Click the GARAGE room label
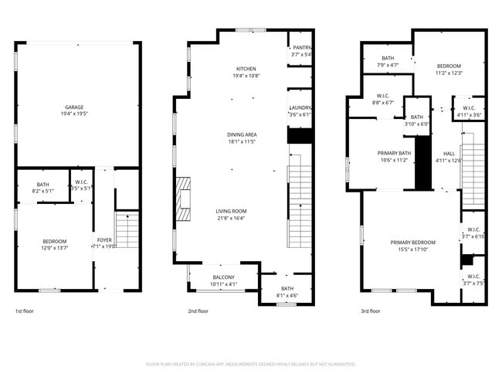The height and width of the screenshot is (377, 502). pos(74,107)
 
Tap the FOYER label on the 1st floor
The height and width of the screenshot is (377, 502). pos(104,240)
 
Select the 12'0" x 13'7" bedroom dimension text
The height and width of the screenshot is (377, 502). pos(54,247)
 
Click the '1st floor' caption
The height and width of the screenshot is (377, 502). pos(24,311)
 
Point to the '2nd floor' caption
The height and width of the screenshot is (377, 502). pos(198,311)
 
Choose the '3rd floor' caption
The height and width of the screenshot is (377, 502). pos(370,311)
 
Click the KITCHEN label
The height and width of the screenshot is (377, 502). pos(246,69)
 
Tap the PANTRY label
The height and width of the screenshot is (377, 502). pos(301,48)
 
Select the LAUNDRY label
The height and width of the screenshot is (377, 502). pos(300,107)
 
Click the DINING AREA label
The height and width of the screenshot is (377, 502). pos(241,134)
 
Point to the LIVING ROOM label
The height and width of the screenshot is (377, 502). pos(230,211)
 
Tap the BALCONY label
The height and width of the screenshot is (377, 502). pos(223,277)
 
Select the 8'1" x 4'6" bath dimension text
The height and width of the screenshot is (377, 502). pos(287,295)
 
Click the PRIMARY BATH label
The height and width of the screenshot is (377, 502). pos(394,153)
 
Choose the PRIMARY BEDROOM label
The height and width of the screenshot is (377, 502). pos(412,242)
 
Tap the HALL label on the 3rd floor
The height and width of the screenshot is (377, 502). pos(449,153)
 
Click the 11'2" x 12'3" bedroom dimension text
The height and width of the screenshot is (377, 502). pos(449,73)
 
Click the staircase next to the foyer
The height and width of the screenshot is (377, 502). pos(126,229)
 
